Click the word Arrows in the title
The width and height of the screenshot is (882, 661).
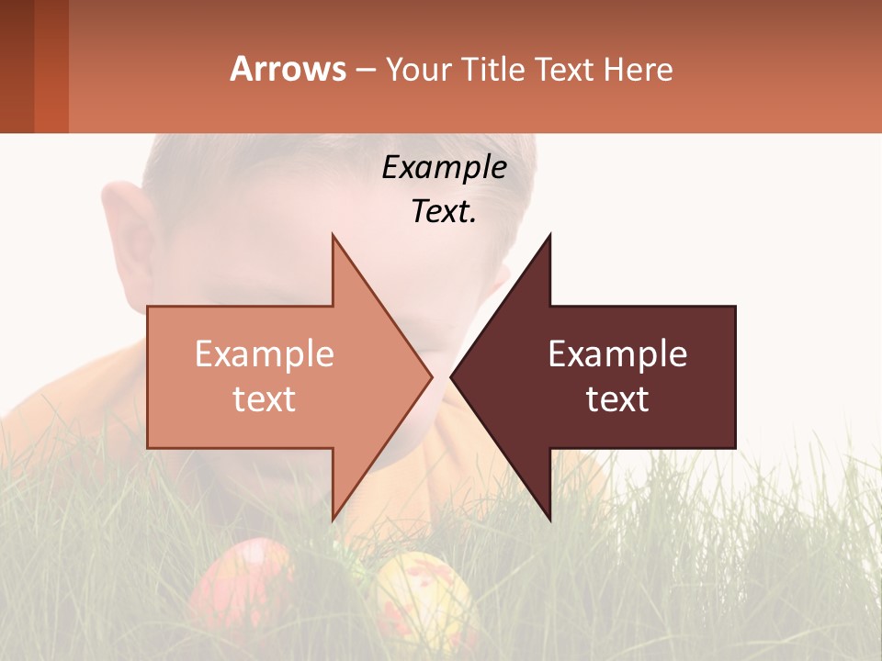(288, 69)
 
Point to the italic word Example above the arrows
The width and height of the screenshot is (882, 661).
(444, 167)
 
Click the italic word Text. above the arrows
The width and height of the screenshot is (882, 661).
(444, 212)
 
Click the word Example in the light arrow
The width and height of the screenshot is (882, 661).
(264, 354)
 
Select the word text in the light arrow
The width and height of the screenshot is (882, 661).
(264, 399)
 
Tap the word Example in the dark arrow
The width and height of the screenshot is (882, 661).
(617, 354)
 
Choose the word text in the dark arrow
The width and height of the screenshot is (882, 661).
(617, 399)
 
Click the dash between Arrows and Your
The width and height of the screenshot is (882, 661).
(366, 70)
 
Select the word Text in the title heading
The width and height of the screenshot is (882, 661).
(560, 69)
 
